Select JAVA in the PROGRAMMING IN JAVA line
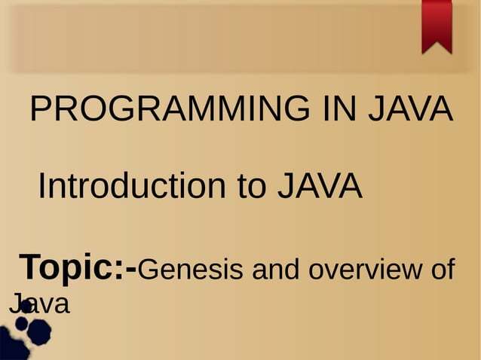[409, 111]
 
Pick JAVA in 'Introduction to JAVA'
[320, 186]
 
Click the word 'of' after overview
[442, 268]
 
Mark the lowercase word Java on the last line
[39, 304]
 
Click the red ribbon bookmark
[437, 25]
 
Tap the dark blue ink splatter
[30, 331]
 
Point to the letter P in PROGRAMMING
[40, 111]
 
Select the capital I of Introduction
[43, 186]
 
